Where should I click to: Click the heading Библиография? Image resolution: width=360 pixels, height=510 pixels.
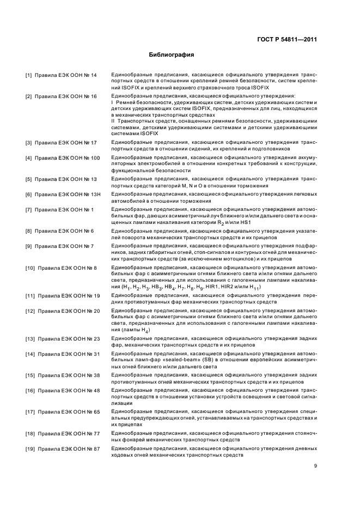(172, 55)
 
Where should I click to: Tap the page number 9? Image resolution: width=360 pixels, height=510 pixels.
(315, 466)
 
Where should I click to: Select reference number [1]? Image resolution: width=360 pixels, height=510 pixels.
(29, 75)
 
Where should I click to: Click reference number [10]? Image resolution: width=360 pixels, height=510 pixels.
(30, 268)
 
